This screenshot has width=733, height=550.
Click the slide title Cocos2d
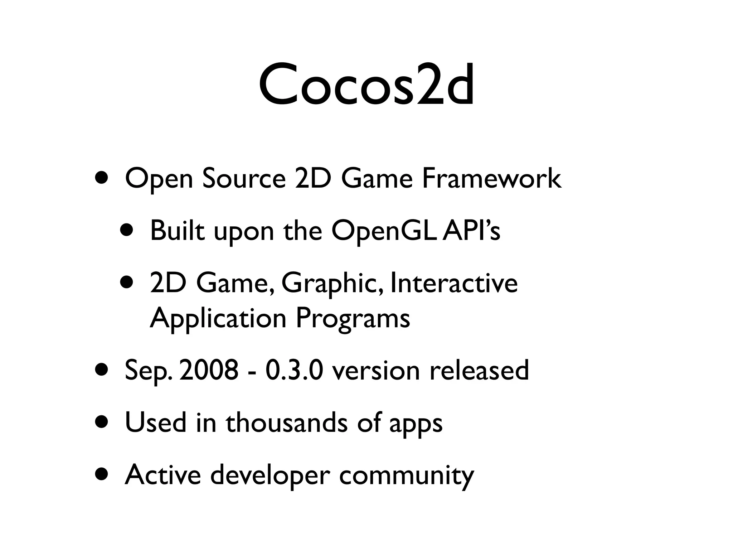pos(366,86)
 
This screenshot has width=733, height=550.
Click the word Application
pos(218,319)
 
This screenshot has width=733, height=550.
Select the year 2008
pos(209,370)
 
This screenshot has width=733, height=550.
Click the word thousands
pos(286,423)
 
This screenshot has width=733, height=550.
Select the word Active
pos(163,475)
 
